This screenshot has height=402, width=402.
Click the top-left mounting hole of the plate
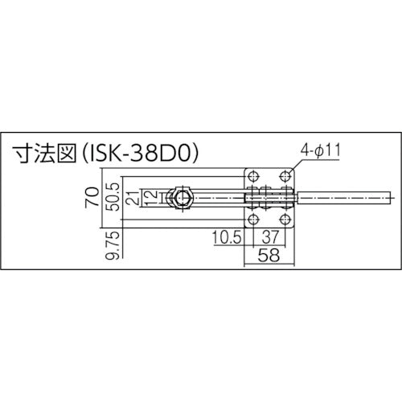click(x=253, y=176)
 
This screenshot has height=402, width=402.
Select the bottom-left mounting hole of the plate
click(x=253, y=219)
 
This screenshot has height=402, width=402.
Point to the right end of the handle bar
click(x=390, y=197)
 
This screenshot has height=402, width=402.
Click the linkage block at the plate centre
click(x=269, y=198)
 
